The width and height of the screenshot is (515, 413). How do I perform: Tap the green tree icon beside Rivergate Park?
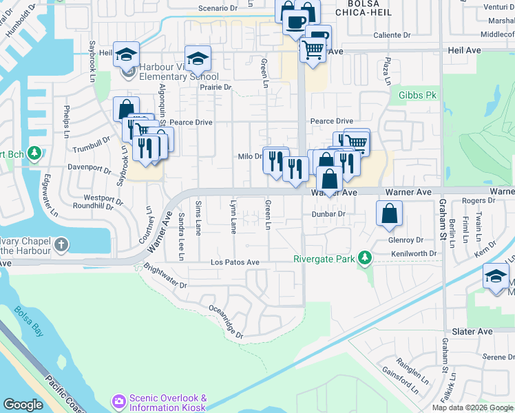[x=364, y=259]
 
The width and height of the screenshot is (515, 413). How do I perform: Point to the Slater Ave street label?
[x=472, y=332]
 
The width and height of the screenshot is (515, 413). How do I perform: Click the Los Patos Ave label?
[x=235, y=263]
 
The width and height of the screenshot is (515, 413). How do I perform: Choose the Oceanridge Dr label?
[x=225, y=321]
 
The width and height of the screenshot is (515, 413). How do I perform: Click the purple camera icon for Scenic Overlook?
[x=119, y=400]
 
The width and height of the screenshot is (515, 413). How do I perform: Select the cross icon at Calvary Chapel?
[x=61, y=244]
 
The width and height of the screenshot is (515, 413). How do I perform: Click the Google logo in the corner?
[x=23, y=405]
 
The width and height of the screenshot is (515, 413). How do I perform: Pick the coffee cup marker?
[x=295, y=21]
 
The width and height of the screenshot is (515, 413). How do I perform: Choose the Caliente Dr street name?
[x=391, y=35]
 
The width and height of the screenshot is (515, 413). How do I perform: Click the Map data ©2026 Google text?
[x=473, y=407]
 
